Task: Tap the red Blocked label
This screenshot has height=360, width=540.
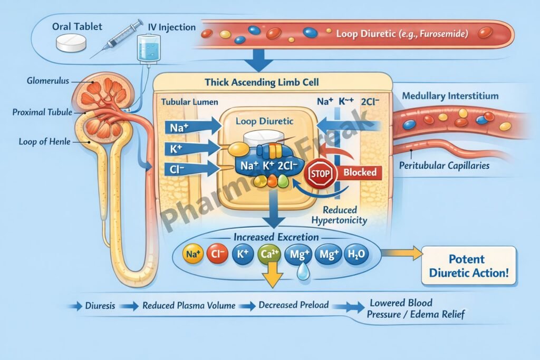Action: (x=360, y=172)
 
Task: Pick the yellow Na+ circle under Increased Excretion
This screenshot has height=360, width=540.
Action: (x=192, y=255)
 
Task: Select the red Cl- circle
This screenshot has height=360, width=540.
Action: (x=217, y=255)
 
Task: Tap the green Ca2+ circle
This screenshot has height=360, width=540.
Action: (x=268, y=255)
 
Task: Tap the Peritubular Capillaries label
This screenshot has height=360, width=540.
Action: (x=444, y=166)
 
